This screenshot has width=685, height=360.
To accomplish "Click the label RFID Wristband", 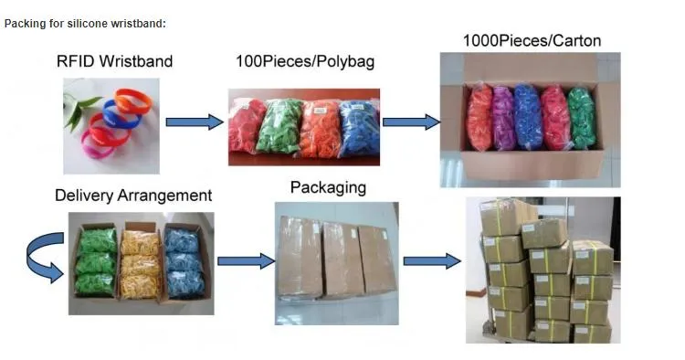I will (x=114, y=62).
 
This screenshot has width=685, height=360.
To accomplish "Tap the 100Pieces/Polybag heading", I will (x=305, y=62).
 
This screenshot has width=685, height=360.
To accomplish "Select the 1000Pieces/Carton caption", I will (x=532, y=41).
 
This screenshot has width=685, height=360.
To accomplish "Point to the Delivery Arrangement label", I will (x=133, y=196).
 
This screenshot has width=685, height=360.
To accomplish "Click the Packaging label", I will (x=328, y=188).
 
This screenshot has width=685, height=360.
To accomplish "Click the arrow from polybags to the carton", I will (x=408, y=122).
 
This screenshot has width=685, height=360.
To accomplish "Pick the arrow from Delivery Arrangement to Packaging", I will (x=246, y=260).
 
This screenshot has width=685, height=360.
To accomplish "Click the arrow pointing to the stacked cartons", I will (x=431, y=261).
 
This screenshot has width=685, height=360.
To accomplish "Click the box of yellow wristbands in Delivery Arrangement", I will (x=140, y=260).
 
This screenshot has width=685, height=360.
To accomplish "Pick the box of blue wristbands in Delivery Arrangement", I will (x=184, y=260).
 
